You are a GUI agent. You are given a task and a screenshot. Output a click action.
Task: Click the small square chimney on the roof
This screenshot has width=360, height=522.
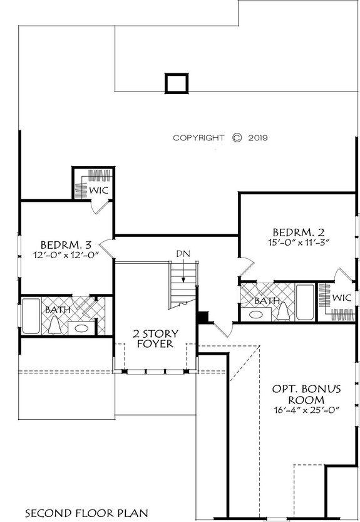tap(176, 83)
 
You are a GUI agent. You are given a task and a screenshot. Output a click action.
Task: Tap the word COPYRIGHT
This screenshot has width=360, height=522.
tap(198, 138)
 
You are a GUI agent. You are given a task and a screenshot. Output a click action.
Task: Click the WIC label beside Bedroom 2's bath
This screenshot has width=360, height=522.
tap(341, 298)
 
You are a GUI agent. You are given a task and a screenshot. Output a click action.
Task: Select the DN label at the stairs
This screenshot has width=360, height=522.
tap(183, 253)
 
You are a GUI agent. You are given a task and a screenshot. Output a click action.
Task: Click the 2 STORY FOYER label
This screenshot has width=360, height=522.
tap(155, 338)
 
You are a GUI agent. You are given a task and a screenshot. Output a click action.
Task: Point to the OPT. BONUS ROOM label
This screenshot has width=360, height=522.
tap(306, 394)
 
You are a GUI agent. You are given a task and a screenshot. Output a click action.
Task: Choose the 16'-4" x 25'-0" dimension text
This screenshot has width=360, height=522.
tap(306, 411)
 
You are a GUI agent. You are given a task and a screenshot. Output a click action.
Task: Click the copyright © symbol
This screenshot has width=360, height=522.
tap(236, 138)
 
